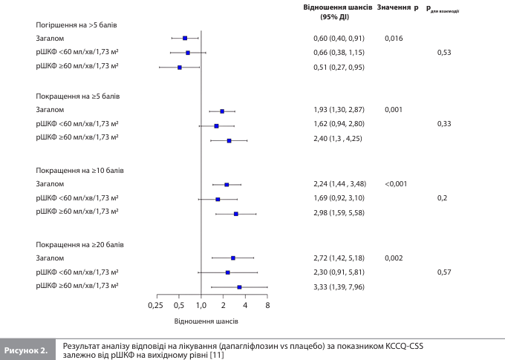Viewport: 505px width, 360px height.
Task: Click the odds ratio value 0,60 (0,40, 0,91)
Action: pos(339,38)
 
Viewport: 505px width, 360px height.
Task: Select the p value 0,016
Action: pos(394,38)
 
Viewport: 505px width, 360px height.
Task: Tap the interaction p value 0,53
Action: pos(444,53)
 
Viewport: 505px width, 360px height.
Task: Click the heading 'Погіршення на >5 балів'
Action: pos(76,24)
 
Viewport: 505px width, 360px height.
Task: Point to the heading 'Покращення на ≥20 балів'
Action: pos(79,243)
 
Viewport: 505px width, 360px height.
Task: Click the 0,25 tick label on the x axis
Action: pos(155,305)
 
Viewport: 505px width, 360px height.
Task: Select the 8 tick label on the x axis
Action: pos(267,305)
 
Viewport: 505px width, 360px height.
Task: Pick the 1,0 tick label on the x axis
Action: pos(201,305)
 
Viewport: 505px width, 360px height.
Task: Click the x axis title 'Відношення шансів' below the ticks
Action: pos(206,321)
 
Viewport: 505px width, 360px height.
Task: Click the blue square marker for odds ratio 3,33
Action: pos(239,287)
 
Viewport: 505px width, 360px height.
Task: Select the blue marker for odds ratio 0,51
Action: pos(180,68)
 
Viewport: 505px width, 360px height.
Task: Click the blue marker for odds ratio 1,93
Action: pos(222,111)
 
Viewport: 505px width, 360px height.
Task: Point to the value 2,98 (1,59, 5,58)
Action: pos(339,213)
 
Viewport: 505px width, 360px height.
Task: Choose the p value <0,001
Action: pos(396,184)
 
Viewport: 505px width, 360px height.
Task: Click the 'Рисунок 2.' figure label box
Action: pos(27,350)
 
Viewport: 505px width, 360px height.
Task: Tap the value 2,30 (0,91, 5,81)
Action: pos(339,272)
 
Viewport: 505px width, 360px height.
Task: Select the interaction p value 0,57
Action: pos(444,272)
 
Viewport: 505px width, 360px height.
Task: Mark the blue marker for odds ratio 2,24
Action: pos(227,184)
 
